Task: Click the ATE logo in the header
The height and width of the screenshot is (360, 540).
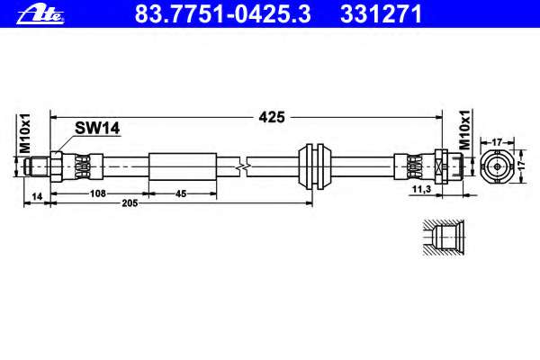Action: click(40, 15)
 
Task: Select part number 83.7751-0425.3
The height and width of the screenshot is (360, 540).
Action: click(223, 14)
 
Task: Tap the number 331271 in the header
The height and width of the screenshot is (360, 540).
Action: click(381, 14)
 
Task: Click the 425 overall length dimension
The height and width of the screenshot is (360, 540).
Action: click(272, 117)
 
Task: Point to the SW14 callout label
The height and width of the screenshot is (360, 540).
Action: click(97, 129)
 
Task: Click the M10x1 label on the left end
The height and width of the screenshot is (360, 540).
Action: click(25, 133)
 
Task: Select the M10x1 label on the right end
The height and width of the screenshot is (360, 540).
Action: click(465, 130)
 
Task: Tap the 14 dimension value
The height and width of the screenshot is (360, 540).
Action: click(37, 196)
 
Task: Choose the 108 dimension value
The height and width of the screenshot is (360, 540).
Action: click(98, 193)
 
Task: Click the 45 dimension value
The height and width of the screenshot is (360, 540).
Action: click(181, 194)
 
